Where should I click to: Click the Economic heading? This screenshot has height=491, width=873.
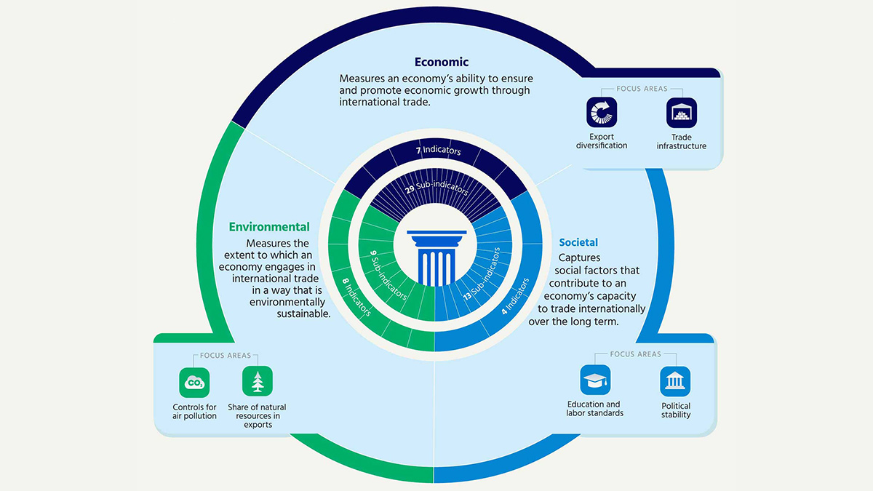pos(441,62)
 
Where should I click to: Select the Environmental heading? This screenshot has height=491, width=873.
pos(269,227)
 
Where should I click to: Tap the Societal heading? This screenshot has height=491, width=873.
pos(578,242)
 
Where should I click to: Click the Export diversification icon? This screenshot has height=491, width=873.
pos(602,112)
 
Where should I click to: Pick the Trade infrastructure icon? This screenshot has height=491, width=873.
pos(681,113)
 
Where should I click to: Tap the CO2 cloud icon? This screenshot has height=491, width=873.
pos(194,383)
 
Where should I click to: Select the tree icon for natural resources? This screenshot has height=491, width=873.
pos(258,381)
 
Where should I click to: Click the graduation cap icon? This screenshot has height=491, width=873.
pos(595,380)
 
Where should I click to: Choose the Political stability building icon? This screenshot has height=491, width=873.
pos(675,381)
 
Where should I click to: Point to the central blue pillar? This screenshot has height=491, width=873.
pos(436,258)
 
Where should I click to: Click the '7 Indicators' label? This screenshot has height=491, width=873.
pos(439,150)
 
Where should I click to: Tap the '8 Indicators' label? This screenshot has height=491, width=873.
pos(356,297)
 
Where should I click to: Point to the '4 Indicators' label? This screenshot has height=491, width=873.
pos(515,296)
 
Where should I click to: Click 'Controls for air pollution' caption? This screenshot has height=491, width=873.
pos(194,412)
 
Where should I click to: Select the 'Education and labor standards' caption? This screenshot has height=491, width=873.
pos(595,409)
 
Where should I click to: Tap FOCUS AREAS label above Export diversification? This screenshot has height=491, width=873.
pos(642,89)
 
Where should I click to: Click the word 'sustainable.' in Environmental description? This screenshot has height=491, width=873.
pos(303,314)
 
